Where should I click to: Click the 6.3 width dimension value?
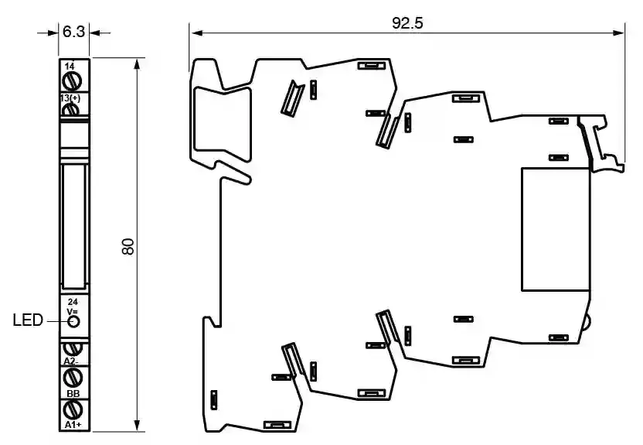pos(74,32)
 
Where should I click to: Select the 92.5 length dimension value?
pos(407,22)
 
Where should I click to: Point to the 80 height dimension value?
pos(128,246)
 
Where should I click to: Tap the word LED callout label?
pos(28,320)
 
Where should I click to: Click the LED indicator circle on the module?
pos(73,320)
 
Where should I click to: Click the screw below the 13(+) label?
pos(71,110)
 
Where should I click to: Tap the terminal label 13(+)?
pos(71,98)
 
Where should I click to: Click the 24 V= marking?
pos(73,305)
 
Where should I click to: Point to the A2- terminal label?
pos(72,360)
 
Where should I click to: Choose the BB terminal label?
pos(73,394)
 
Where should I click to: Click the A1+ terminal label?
pos(73,425)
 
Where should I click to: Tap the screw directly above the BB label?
pos(73,377)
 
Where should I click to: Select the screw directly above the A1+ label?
pos(73,409)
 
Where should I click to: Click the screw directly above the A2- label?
pos(73,347)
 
